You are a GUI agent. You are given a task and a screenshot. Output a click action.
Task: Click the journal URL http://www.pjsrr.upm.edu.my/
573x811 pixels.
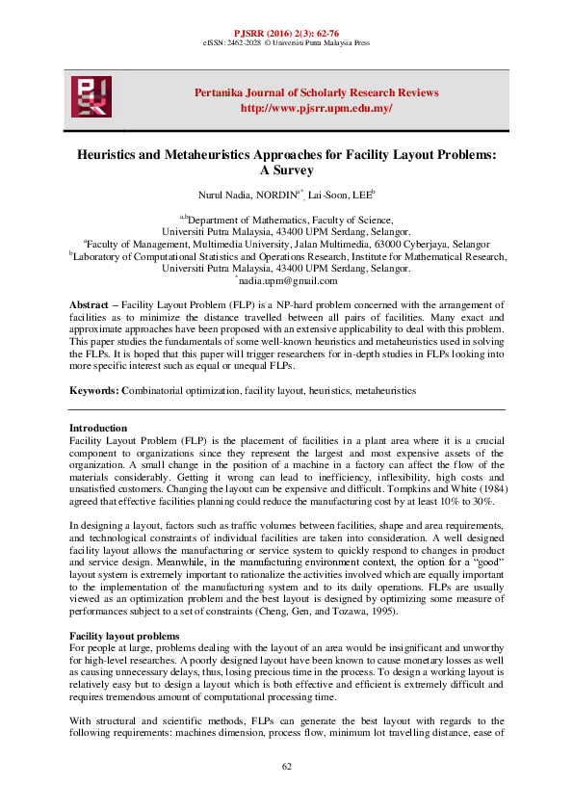pyautogui.click(x=316, y=108)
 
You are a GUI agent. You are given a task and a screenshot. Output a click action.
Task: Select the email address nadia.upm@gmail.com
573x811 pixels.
pyautogui.click(x=288, y=281)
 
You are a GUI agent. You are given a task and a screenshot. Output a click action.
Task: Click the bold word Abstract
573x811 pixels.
pyautogui.click(x=89, y=305)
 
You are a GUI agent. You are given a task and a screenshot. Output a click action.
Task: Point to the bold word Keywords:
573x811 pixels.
pyautogui.click(x=94, y=391)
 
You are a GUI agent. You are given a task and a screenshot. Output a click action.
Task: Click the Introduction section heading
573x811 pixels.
pyautogui.click(x=98, y=428)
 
